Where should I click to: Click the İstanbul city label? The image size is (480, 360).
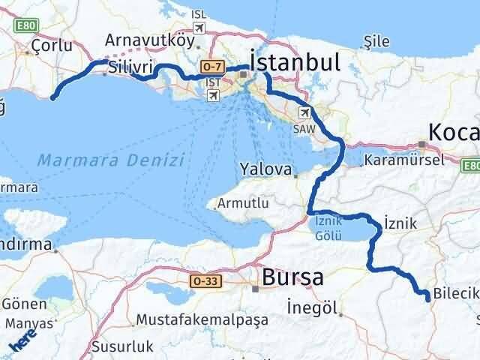click(295, 61)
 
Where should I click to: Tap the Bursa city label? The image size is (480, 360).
click(293, 277)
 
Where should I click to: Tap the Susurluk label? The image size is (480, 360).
click(121, 346)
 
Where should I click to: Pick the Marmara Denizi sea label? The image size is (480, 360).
click(110, 160)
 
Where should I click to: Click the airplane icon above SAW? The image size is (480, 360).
click(304, 113)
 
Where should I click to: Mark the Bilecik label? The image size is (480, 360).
click(454, 293)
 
